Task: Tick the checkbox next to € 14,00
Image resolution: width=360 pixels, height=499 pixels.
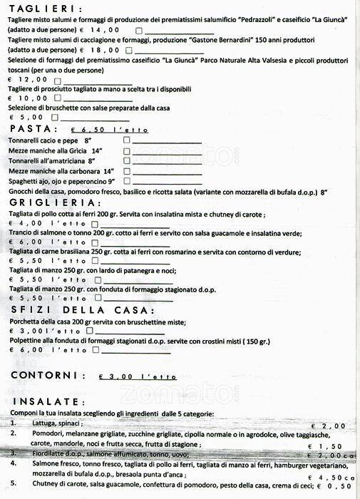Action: click(138, 31)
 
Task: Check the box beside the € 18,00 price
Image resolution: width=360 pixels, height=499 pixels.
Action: click(138, 51)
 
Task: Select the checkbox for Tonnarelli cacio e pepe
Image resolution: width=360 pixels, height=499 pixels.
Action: click(126, 141)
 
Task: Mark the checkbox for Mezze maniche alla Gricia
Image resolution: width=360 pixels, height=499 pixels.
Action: click(126, 151)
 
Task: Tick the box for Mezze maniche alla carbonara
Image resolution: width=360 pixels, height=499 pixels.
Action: click(126, 171)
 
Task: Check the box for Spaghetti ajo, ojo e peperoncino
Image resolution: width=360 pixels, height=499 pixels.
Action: click(126, 181)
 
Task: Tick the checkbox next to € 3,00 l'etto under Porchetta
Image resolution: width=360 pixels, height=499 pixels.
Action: click(89, 331)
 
